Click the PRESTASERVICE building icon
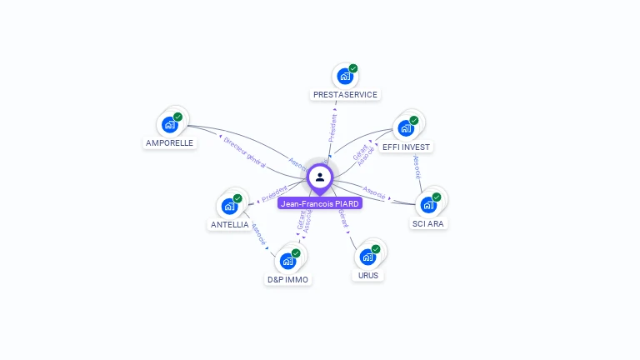coord(344,77)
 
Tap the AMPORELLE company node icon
coord(170,125)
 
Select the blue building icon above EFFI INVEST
coord(405,128)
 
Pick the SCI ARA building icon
coord(428,205)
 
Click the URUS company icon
coord(367,257)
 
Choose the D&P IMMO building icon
coord(287,261)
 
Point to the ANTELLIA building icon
coord(229,207)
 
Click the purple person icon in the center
coord(320,177)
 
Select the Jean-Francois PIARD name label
coord(320,203)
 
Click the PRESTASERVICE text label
coord(345,95)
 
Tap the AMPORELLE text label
coord(169,143)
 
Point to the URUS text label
coord(368,275)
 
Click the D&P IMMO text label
coord(287,280)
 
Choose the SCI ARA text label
coord(428,223)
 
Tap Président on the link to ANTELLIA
coord(274,194)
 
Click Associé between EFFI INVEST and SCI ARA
coord(417,166)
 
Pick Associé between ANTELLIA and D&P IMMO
coord(258,233)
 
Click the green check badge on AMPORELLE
coord(177,117)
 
